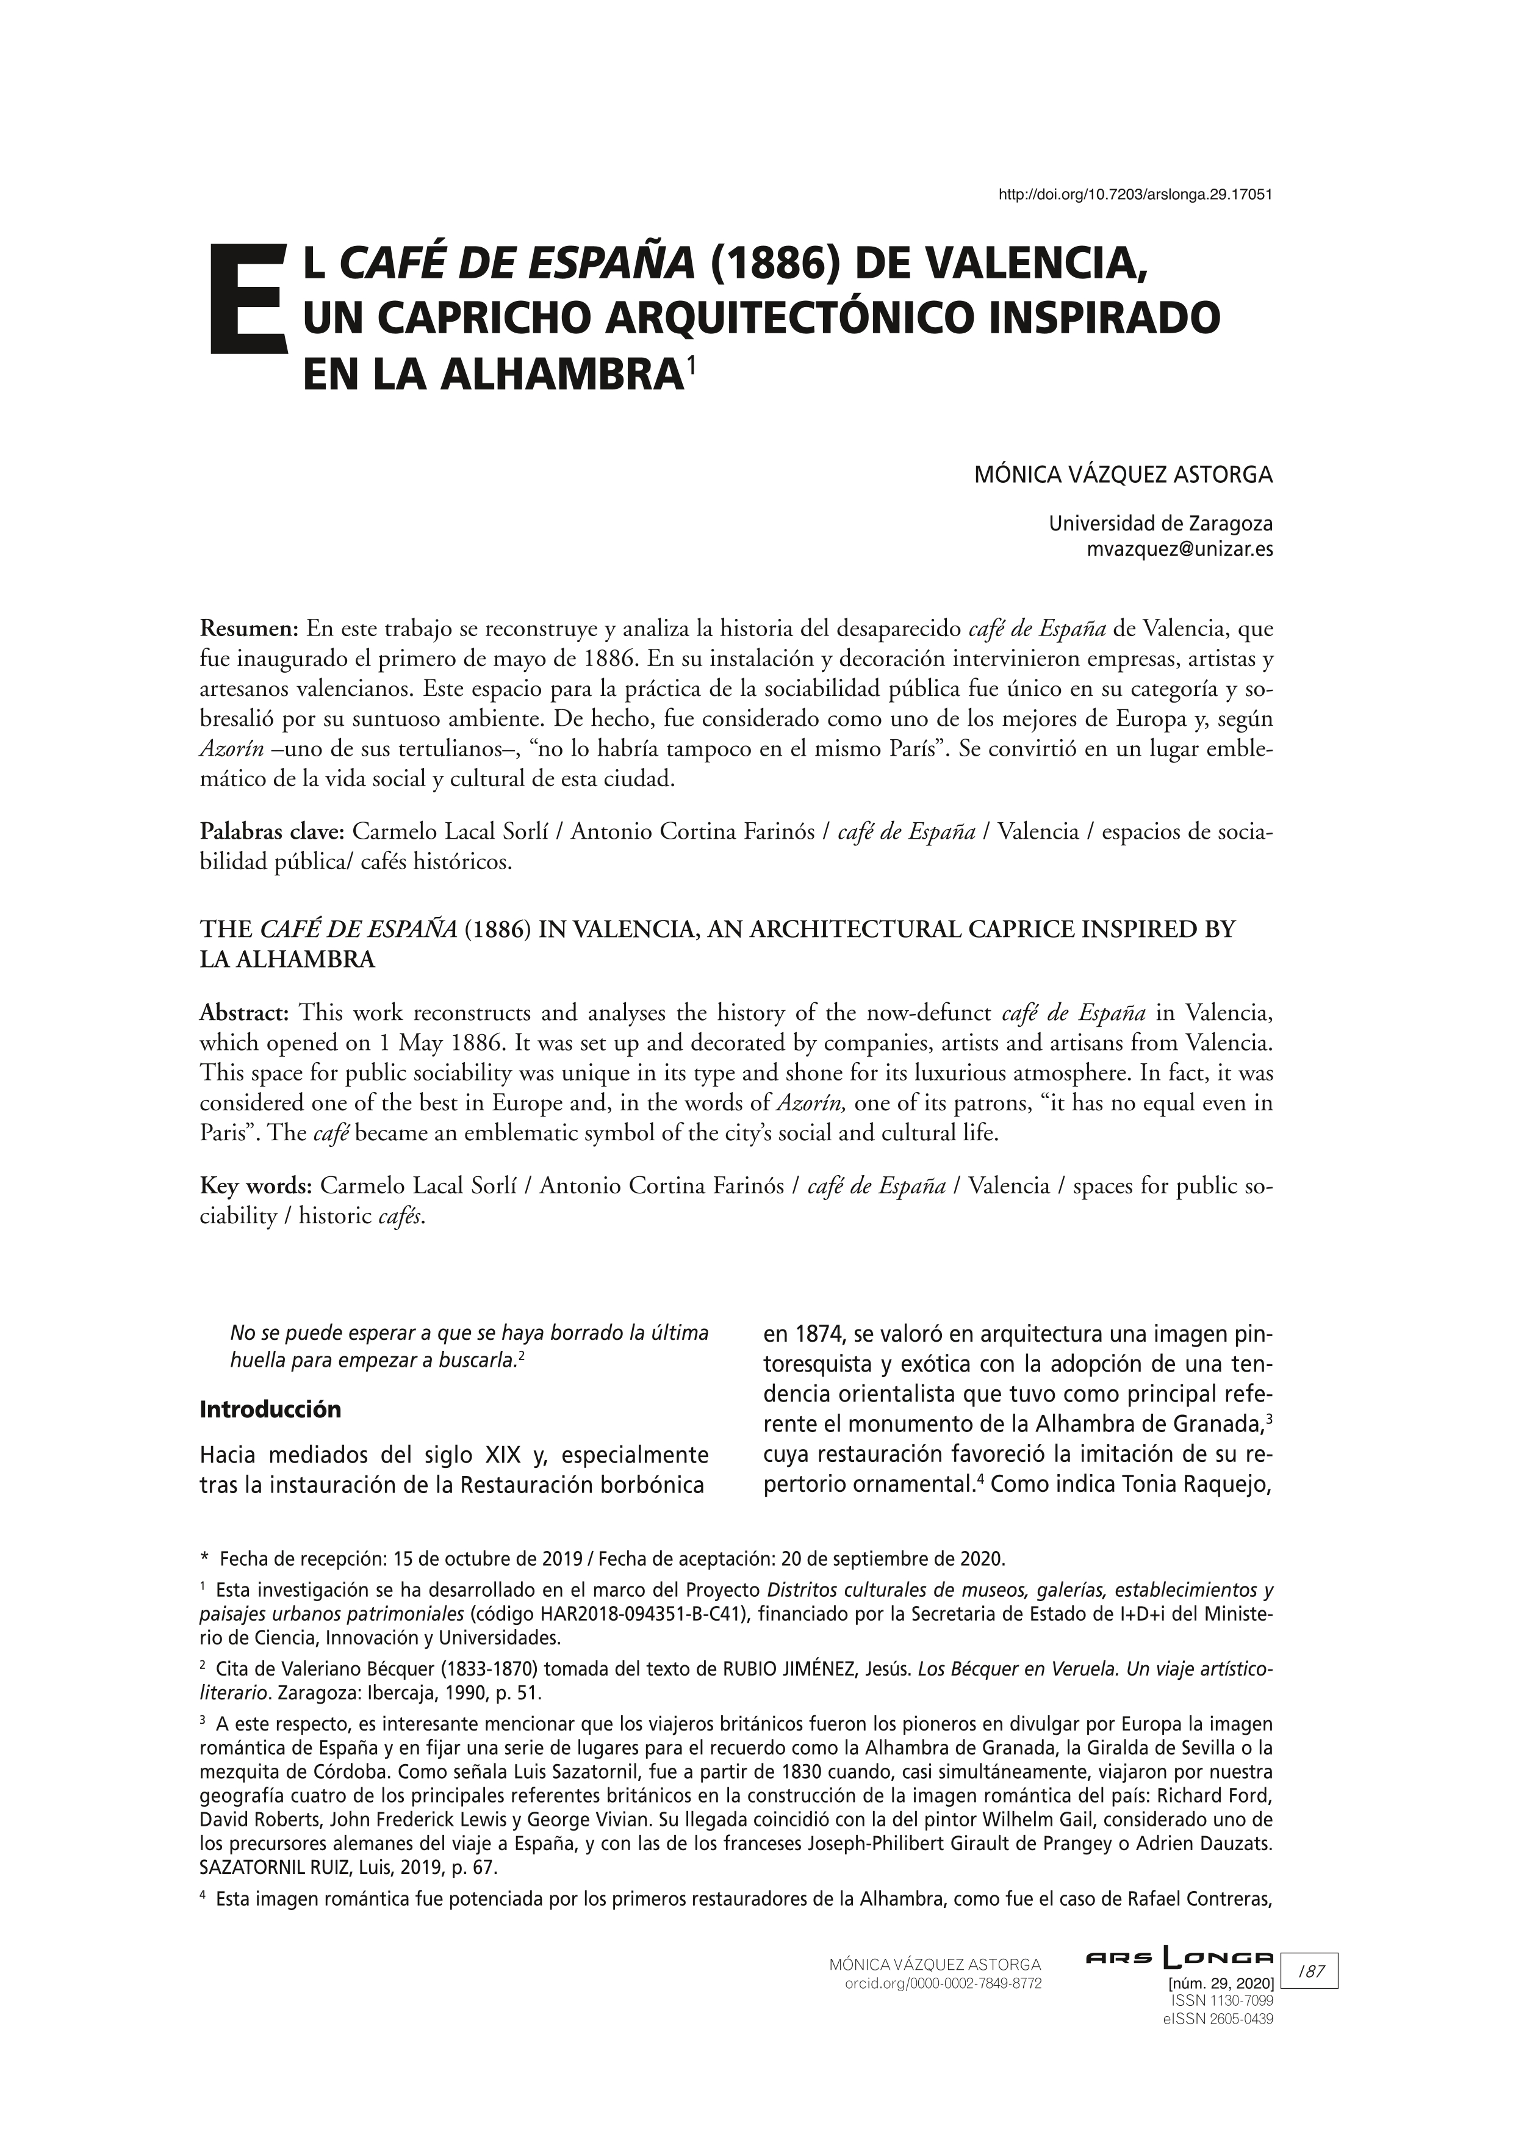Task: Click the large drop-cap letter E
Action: point(245,300)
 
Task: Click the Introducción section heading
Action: point(270,1409)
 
